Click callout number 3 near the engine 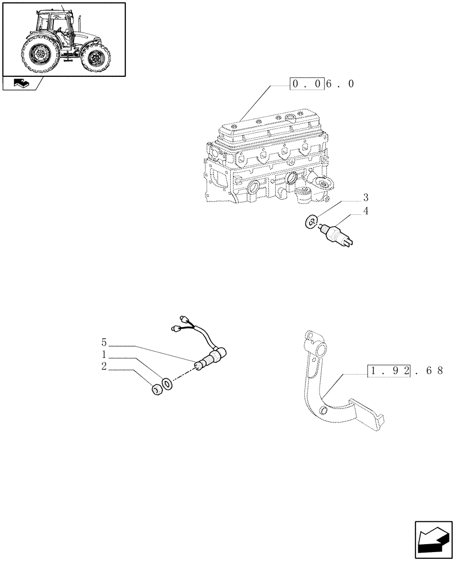coord(366,197)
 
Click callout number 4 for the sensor coord(366,211)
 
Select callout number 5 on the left coord(104,342)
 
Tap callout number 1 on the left coord(104,355)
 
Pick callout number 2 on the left coord(104,367)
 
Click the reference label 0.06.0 coord(322,85)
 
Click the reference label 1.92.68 coord(405,371)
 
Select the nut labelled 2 coord(158,389)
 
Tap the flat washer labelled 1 coord(167,384)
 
